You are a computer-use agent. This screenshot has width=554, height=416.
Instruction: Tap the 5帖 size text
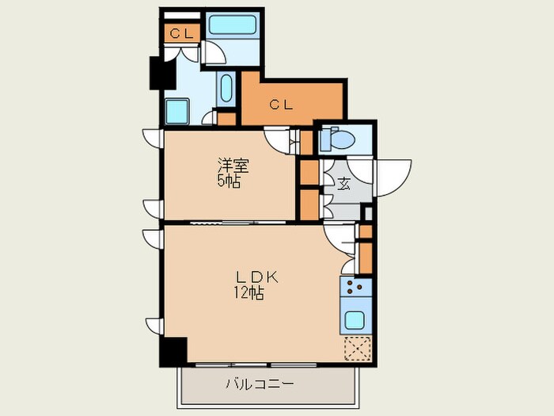click(230, 181)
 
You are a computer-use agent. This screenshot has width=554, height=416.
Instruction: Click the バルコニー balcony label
click(260, 385)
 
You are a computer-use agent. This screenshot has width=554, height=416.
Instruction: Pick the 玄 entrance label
click(344, 184)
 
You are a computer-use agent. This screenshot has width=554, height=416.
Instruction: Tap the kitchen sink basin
click(355, 321)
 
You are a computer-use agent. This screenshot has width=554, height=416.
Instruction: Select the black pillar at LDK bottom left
click(173, 351)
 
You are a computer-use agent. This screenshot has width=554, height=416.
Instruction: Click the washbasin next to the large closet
click(226, 89)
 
